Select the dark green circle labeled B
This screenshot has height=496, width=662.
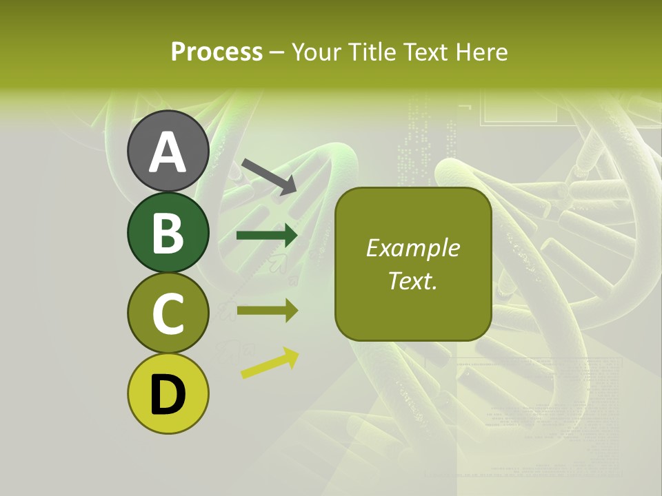coord(168,232)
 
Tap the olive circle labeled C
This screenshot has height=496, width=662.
coord(168,313)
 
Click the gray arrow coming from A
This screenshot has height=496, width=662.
coord(269,176)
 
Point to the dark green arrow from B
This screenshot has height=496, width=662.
coord(267,236)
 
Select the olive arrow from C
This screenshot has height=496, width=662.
coord(267,311)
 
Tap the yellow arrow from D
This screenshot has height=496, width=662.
coord(270,364)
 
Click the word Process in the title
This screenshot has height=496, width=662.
coord(217,52)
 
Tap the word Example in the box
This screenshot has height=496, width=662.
coord(413,248)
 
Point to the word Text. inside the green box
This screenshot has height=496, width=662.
coord(413,280)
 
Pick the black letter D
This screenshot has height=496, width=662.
coord(168,395)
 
